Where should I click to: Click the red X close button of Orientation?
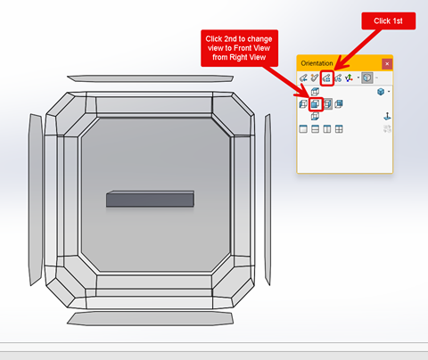coord(387,64)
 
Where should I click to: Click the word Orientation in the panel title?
coord(317,63)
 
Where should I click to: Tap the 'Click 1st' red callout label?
coord(388,20)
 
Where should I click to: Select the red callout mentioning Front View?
coord(239,48)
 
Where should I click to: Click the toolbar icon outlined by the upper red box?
coord(326,78)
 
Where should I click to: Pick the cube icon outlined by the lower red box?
coord(315,104)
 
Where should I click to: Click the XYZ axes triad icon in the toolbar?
coord(349,78)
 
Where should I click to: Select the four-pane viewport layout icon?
coord(339,129)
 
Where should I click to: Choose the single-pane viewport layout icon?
coord(303,129)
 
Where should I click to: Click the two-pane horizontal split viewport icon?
coord(315,129)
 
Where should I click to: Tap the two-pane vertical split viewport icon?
coord(327,129)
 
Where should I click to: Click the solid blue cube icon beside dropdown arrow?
coord(381,92)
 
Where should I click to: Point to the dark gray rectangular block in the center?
coord(150,199)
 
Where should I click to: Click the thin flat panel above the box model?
coord(150,78)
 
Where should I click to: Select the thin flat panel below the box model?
coord(150,318)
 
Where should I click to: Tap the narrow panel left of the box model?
coord(36,200)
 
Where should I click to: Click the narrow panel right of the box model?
coord(267,200)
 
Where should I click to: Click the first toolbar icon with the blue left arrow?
coord(303,78)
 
